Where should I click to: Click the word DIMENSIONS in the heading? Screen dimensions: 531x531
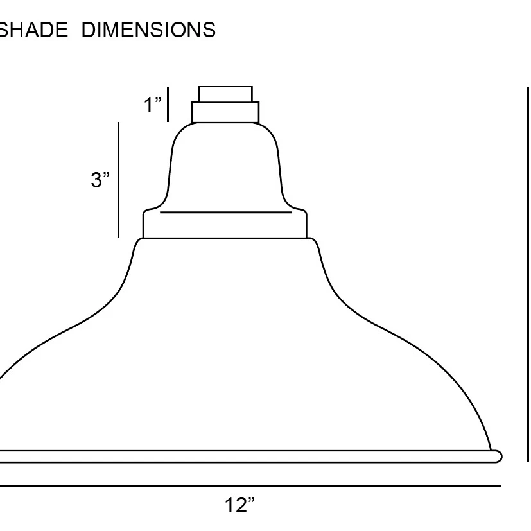tap(148, 30)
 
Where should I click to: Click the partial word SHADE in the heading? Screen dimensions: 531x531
tap(33, 30)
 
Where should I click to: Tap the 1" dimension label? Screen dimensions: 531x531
tap(152, 105)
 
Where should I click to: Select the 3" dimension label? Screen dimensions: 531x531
tap(100, 180)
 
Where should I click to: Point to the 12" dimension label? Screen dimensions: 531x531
tap(239, 505)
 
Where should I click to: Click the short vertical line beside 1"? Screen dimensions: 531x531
tap(168, 105)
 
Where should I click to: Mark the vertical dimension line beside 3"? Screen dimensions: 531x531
tap(119, 180)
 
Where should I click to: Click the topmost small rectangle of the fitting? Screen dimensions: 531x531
tap(225, 94)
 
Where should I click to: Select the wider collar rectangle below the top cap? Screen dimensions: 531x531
tap(225, 112)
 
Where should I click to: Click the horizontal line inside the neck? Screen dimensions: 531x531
tap(225, 212)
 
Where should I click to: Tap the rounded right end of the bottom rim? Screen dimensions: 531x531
tap(498, 457)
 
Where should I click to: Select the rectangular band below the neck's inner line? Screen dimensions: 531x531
tap(225, 225)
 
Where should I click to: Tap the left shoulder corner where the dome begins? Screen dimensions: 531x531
tap(137, 242)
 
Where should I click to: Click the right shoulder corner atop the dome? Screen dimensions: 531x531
tap(314, 241)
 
